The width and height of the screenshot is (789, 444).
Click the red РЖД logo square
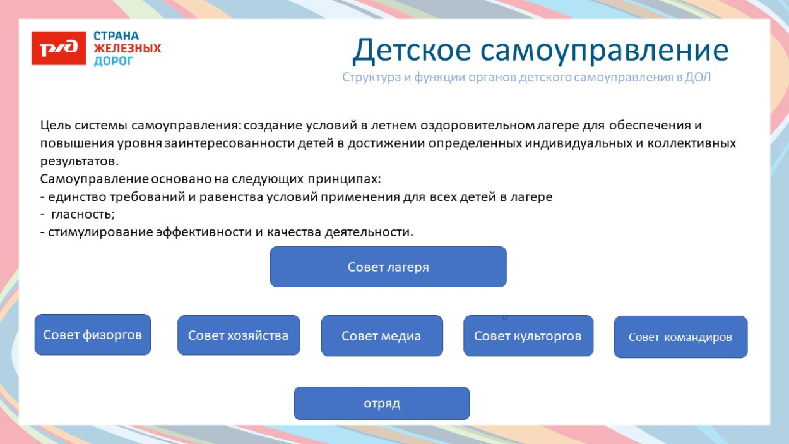(59, 48)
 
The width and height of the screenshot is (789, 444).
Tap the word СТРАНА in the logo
(116, 36)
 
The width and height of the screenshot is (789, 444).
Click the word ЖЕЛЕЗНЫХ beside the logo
(128, 49)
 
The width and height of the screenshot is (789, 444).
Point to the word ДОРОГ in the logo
(114, 61)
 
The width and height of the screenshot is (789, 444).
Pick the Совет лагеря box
(388, 267)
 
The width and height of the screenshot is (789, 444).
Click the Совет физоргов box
(93, 335)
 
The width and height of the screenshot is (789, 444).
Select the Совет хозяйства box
(239, 335)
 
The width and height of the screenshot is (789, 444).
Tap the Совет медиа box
(382, 336)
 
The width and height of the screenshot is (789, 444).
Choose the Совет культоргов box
(528, 336)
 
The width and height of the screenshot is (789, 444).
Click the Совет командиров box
(680, 337)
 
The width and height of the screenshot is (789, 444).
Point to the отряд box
(382, 404)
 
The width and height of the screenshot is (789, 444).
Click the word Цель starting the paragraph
(54, 126)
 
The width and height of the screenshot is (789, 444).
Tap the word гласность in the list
(83, 214)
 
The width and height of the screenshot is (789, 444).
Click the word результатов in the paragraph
(79, 161)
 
